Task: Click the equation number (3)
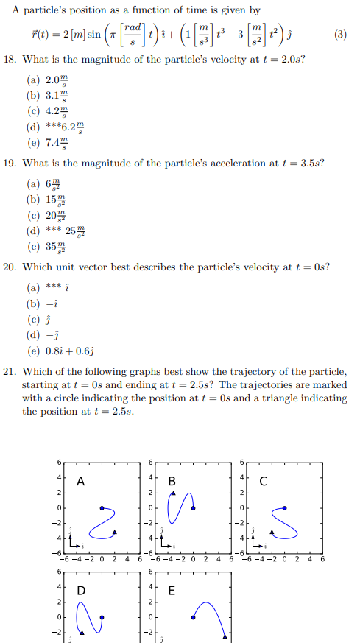coord(340,34)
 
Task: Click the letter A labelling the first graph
coord(80,482)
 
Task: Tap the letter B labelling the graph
coord(172,482)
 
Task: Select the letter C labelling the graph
coord(264,482)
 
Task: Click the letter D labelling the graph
coord(80,591)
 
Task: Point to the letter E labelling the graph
coord(172,591)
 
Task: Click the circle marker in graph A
coord(102,508)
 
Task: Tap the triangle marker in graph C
coord(272,530)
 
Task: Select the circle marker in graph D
coord(102,617)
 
